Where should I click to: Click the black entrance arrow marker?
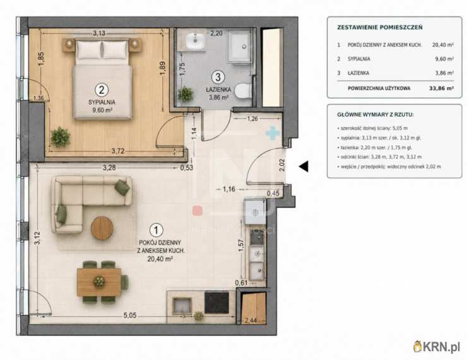coord(304,166)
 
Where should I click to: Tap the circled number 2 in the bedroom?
coord(102,90)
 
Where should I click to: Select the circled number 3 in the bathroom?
coord(218,77)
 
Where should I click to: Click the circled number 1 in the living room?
coord(157,230)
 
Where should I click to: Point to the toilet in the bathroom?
coord(243,90)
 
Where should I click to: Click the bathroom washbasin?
coord(196,40)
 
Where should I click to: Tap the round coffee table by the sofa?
coord(102,228)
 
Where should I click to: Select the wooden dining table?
coord(99,282)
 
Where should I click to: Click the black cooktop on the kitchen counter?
coord(217,303)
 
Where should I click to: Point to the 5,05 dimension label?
coord(130,315)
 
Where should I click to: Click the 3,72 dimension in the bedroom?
coord(118,151)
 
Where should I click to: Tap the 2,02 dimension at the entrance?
coord(282,165)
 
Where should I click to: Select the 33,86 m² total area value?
coord(441,88)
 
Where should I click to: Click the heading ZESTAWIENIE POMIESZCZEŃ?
coord(380,27)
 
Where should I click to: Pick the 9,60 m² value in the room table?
coord(444,59)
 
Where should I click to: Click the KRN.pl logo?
coord(437,347)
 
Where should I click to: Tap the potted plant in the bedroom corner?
coord(61,137)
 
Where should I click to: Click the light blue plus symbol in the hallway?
coord(273,133)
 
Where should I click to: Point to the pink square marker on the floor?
coord(198,211)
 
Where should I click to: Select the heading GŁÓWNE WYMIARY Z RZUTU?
coord(375,115)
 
